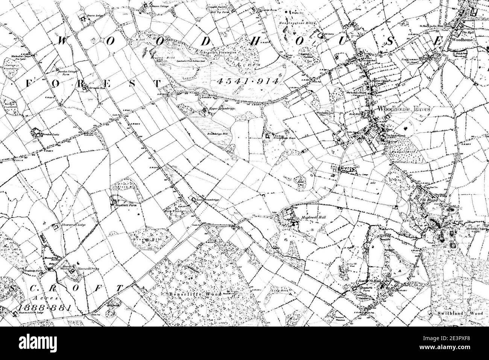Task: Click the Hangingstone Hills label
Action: [x=300, y=23]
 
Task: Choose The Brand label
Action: [x=427, y=200]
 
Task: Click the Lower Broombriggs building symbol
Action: [x=194, y=200]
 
